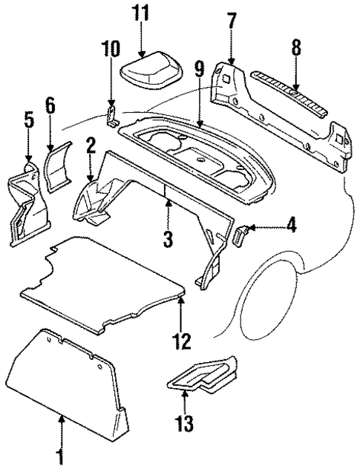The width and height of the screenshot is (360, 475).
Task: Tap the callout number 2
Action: [x=91, y=145]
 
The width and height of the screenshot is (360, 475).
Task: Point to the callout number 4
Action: [x=292, y=224]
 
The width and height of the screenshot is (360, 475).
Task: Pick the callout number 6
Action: [x=50, y=106]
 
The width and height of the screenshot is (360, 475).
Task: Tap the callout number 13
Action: [x=185, y=424]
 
